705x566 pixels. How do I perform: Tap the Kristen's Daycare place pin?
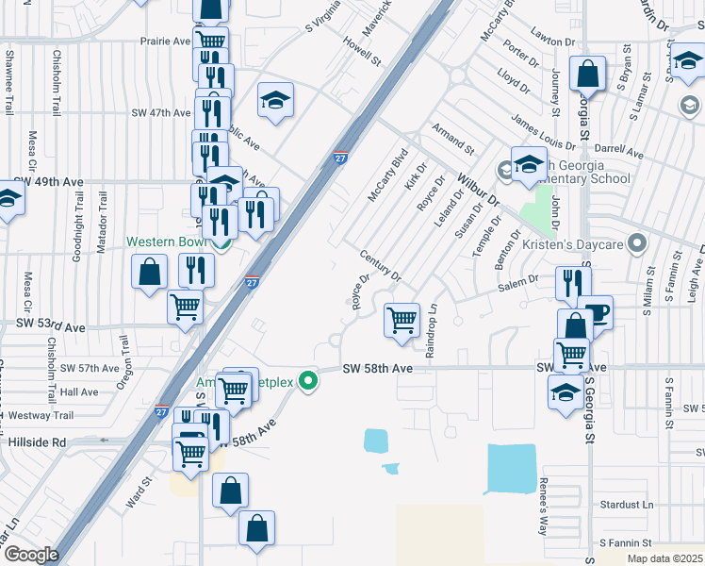click(x=638, y=244)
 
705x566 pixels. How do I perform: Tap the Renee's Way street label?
click(x=543, y=513)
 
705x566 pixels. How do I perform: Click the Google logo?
click(x=30, y=555)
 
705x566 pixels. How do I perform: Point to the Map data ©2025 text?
click(x=664, y=558)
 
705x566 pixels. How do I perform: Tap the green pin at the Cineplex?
click(x=307, y=381)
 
